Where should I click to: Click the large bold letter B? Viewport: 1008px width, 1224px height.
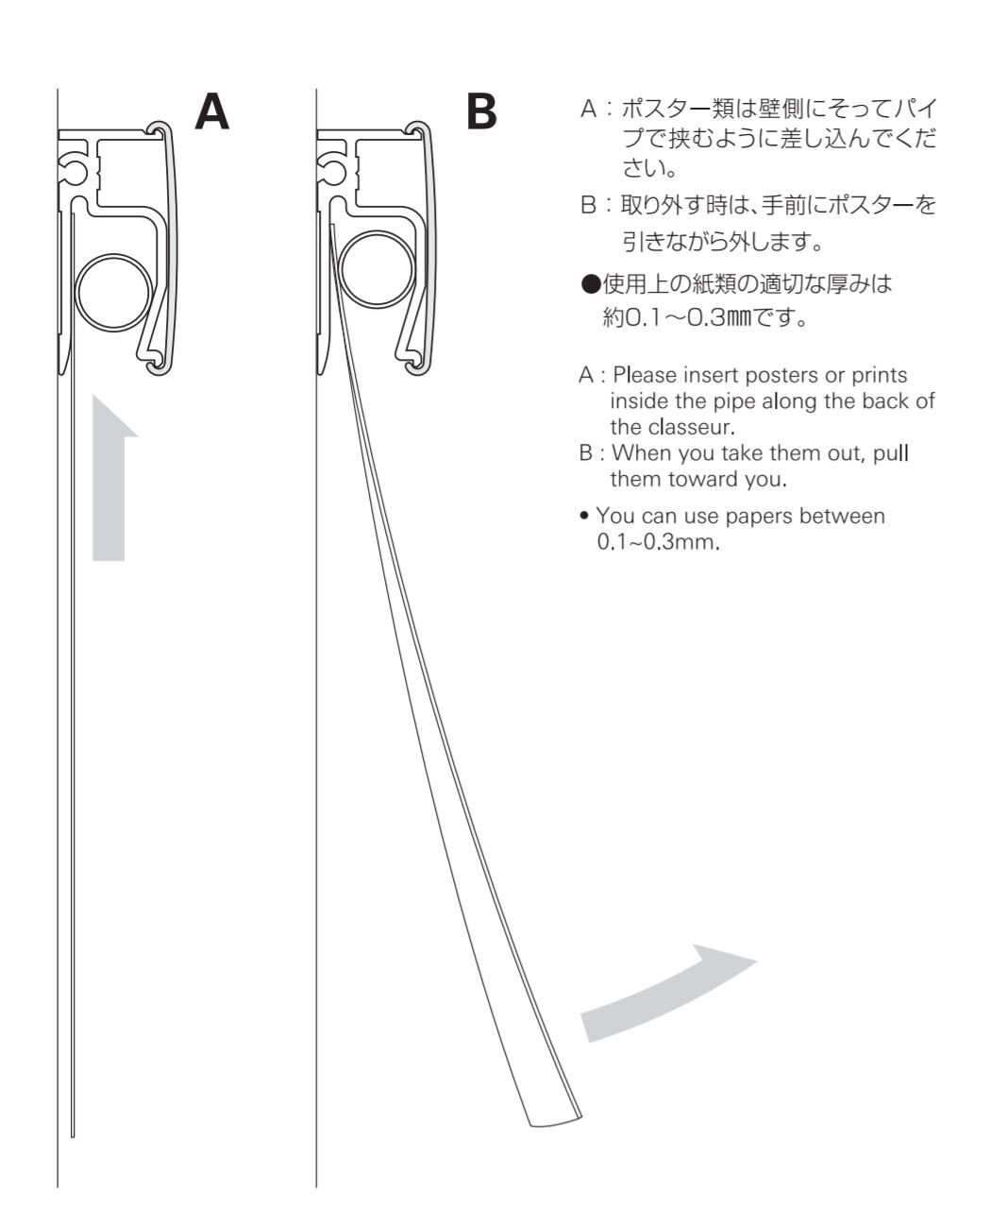[x=481, y=110]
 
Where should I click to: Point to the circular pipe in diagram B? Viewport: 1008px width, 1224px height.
[x=376, y=270]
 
